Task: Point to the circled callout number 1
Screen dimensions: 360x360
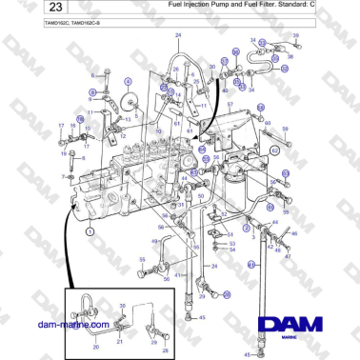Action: (x=90, y=230)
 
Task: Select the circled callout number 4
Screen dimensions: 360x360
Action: (x=127, y=83)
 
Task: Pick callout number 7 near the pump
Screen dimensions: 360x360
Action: (x=64, y=177)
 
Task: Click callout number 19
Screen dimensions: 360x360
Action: (x=65, y=151)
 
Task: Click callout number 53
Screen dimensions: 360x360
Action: (x=230, y=244)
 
